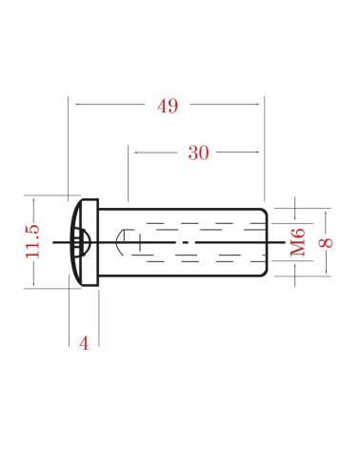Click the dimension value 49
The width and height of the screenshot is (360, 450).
tap(168, 106)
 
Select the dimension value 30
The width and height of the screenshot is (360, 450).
tap(198, 153)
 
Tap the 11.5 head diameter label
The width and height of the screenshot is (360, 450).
tap(32, 241)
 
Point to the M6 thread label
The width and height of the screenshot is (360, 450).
tap(298, 242)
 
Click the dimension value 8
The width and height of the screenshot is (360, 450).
tap(326, 243)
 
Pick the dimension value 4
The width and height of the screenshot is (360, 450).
tap(84, 343)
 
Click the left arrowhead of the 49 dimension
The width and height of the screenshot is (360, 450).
tap(78, 104)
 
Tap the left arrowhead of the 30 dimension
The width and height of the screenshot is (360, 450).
tap(138, 153)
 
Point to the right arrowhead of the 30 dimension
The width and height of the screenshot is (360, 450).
tap(256, 153)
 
